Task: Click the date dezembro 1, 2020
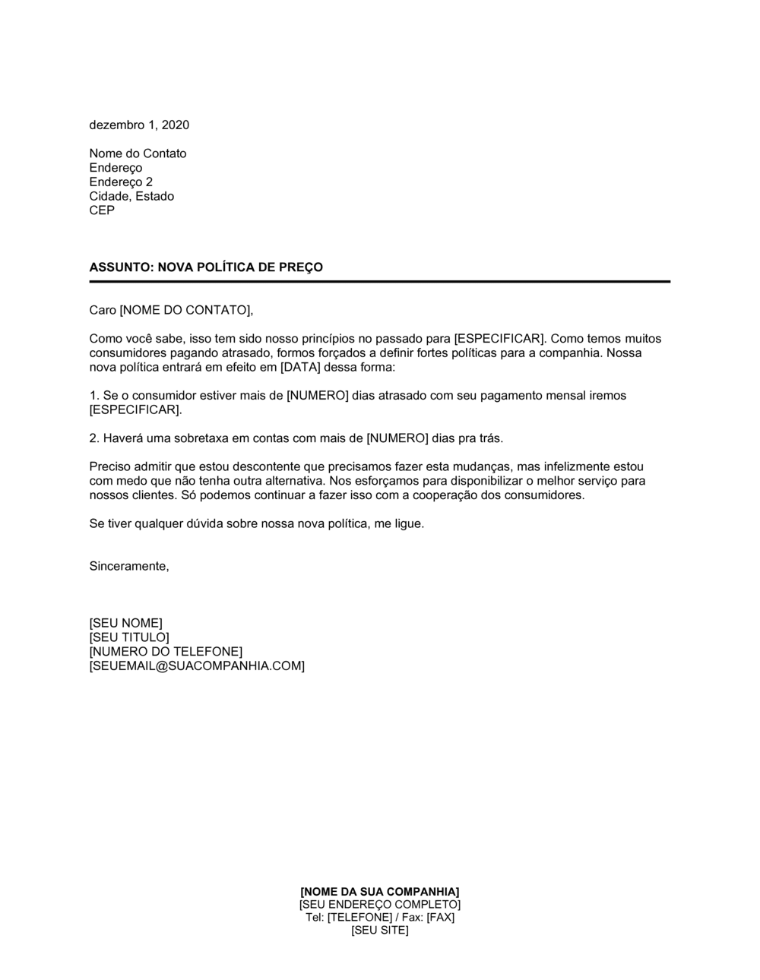[139, 125]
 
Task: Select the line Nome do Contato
[138, 153]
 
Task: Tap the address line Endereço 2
[121, 182]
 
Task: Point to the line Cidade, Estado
[131, 196]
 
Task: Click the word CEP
[102, 210]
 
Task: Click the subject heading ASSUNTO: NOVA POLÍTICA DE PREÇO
[206, 267]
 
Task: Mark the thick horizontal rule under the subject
[379, 282]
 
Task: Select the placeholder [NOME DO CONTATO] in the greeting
[185, 310]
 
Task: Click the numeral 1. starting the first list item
[94, 396]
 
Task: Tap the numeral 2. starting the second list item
[94, 438]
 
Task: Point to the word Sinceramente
[128, 567]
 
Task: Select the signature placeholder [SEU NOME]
[125, 624]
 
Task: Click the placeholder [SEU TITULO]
[129, 637]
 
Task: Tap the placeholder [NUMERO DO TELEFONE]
[166, 652]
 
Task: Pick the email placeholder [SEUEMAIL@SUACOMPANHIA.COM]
[197, 666]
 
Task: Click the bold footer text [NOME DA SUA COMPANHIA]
[380, 891]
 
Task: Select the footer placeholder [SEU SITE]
[380, 931]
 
